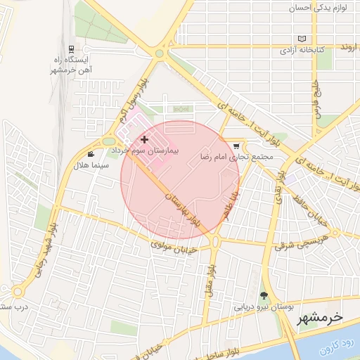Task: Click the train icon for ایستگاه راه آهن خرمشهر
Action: click(x=71, y=49)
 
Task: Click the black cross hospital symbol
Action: click(x=144, y=140)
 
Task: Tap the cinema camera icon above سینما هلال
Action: click(x=90, y=154)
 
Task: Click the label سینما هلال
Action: click(x=89, y=166)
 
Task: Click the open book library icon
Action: click(x=302, y=39)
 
